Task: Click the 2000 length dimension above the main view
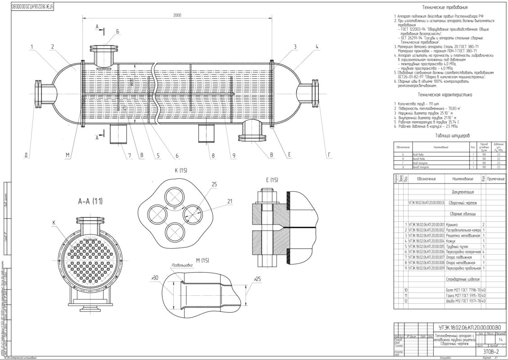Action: click(x=177, y=15)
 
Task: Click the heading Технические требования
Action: click(x=444, y=8)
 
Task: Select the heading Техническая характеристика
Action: click(x=444, y=95)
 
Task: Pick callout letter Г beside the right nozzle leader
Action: click(x=329, y=156)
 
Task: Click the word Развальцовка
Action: click(x=182, y=265)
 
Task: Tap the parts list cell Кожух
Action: click(x=451, y=240)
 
